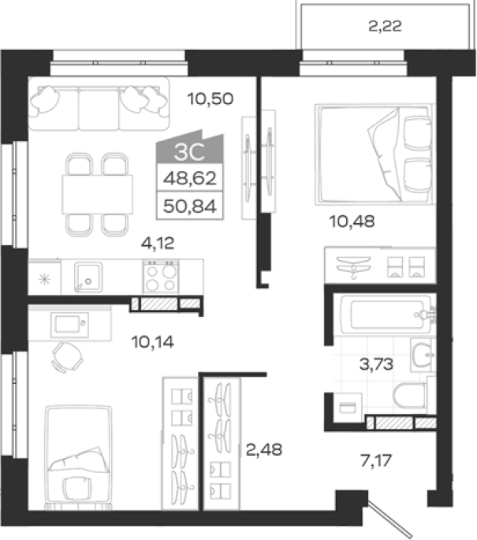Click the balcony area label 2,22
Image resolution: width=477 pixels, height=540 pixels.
coord(385,26)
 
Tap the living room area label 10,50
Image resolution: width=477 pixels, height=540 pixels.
coord(210,99)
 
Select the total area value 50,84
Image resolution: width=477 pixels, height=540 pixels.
coord(190,206)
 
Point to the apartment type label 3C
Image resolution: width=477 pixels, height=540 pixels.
coord(189,151)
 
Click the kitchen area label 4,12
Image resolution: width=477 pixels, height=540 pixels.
coord(158,244)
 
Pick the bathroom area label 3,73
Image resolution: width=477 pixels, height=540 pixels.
coord(376,364)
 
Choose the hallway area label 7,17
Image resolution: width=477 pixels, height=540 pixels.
coord(376,460)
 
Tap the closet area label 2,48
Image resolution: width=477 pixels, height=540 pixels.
coord(264,449)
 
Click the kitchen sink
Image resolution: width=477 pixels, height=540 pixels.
coord(88,277)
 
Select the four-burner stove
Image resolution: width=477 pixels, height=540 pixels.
coord(161,277)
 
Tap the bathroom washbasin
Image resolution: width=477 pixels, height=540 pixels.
coord(423,355)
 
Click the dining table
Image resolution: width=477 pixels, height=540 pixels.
coord(98,195)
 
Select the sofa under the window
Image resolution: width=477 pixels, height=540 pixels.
coord(99,103)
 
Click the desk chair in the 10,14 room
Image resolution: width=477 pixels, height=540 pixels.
coord(67,357)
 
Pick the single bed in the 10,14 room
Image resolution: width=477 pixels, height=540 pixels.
coord(79,457)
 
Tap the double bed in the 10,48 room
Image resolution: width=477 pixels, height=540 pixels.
coord(375,155)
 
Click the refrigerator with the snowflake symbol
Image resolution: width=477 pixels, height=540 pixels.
coord(44,277)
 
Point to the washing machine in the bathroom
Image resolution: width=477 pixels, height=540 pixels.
coord(347,408)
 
